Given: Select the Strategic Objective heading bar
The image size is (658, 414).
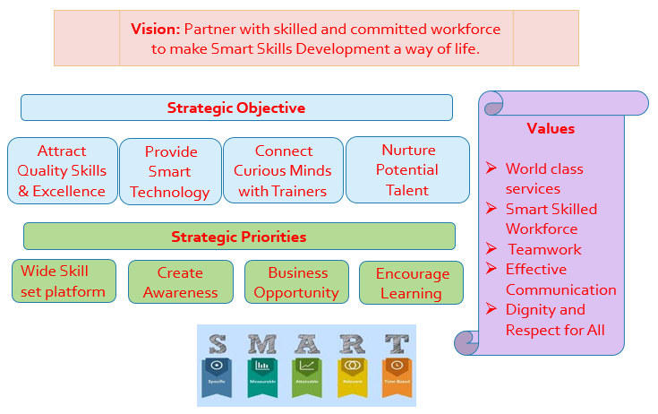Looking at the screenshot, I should (x=236, y=108).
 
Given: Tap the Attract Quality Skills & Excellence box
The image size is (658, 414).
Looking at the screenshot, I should (x=62, y=171).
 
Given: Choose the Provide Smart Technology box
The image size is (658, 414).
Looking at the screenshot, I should (x=170, y=172).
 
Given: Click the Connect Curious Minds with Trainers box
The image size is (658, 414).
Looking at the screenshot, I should (x=283, y=171).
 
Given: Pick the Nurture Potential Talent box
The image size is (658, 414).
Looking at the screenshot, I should (x=407, y=170).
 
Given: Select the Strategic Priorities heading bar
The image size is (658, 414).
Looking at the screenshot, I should (x=238, y=237).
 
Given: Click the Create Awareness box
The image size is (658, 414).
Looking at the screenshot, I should (x=180, y=282).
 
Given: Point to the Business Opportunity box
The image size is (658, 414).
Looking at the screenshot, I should (x=296, y=282).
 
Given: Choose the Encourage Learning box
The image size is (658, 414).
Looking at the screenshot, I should (x=412, y=283).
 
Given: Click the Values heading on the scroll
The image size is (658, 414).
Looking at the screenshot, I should (x=551, y=128).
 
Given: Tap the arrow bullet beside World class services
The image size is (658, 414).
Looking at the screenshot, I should (x=491, y=168).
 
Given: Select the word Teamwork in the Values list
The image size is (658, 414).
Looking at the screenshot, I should (x=544, y=249).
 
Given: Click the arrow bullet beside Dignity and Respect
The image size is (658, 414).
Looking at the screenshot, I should (x=491, y=309).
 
